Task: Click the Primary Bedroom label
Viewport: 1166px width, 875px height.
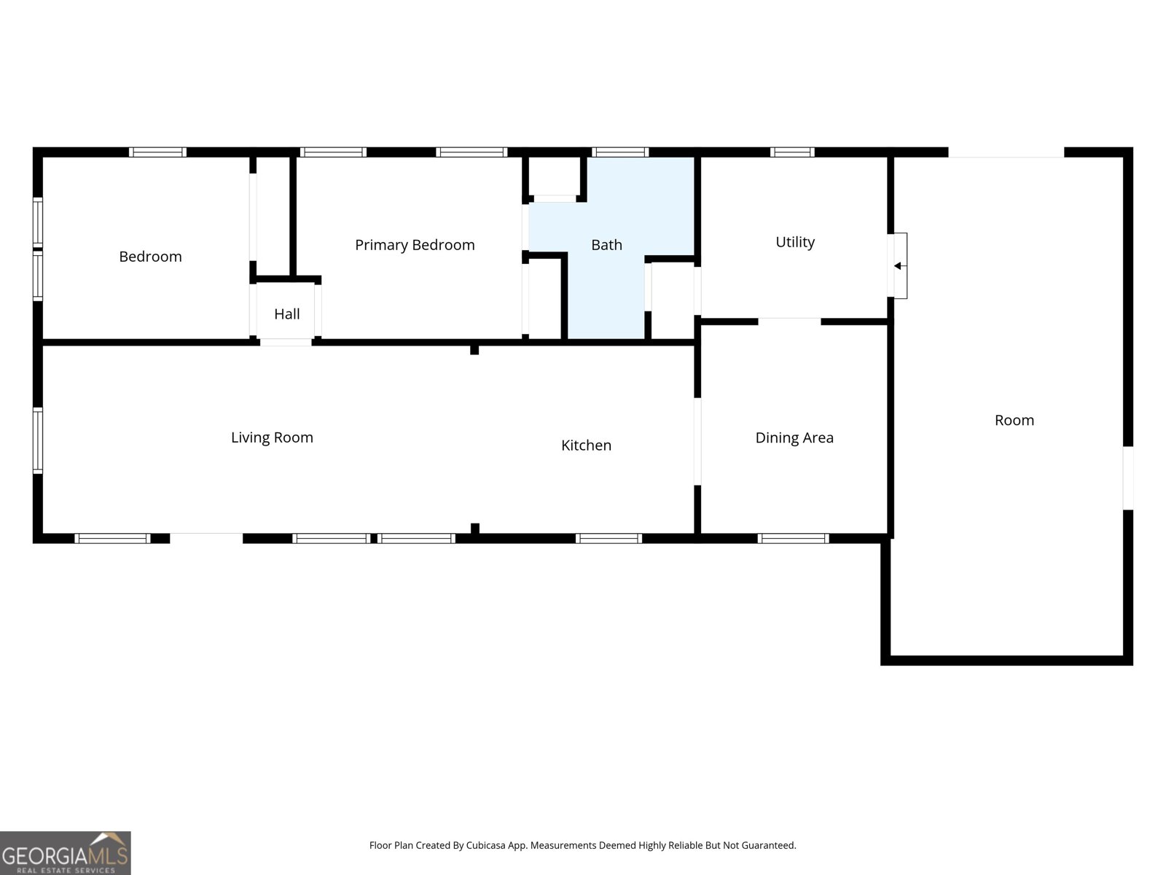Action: coord(415,245)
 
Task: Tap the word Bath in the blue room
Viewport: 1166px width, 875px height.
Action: coord(606,245)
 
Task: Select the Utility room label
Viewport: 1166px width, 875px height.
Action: coord(794,242)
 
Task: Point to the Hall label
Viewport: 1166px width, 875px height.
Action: coord(287,314)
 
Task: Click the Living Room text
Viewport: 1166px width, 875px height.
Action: coord(272,437)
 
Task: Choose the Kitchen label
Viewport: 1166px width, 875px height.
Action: coord(586,446)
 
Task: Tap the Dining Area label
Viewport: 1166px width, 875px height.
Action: coord(794,437)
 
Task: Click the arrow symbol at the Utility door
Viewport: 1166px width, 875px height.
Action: coord(899,265)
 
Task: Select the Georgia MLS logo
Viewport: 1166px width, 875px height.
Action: coord(66,852)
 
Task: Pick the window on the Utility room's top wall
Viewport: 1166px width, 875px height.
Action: coord(792,152)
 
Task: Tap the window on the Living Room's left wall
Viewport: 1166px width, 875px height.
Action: coord(38,440)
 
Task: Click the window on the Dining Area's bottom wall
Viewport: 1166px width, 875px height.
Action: coord(793,539)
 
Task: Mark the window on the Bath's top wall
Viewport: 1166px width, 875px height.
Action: coord(620,152)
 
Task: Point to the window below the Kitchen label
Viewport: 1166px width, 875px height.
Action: coord(609,539)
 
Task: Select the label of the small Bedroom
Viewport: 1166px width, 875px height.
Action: coord(150,257)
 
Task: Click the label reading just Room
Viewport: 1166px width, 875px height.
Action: coord(1014,420)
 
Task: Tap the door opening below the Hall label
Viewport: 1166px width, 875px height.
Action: coord(286,343)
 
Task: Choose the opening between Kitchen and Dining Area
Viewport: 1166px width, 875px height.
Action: coord(697,441)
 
